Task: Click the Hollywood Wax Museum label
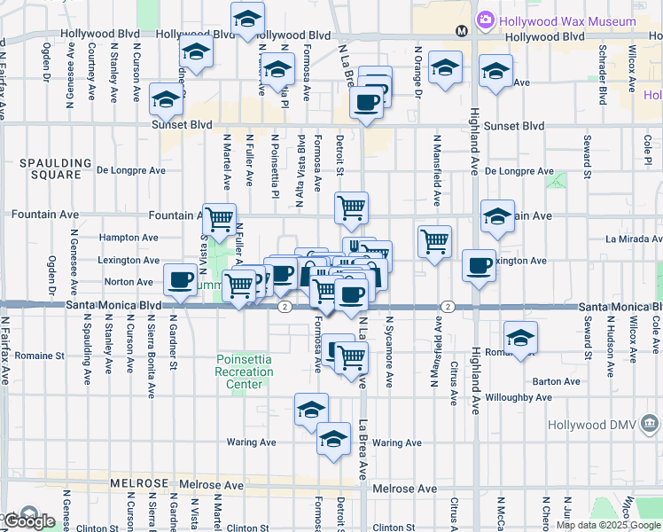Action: [567, 20]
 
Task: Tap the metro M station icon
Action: [461, 31]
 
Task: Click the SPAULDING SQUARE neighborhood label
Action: [56, 168]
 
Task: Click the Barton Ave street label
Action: [556, 381]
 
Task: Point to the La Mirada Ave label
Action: [633, 239]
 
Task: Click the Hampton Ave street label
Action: [129, 238]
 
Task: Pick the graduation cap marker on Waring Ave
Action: [333, 440]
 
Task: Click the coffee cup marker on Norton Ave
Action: [180, 279]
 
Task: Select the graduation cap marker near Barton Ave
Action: [520, 337]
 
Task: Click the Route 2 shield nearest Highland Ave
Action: [448, 306]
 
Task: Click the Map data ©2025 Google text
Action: [608, 525]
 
